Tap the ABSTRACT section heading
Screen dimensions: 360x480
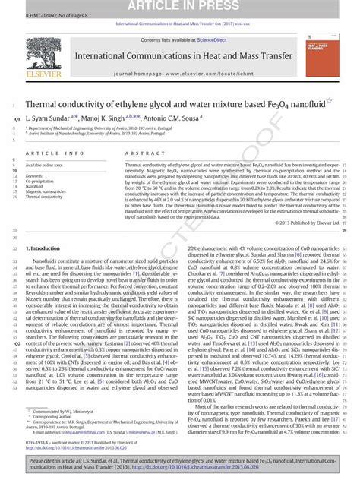point(139,153)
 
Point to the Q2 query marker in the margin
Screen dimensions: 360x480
point(8,343)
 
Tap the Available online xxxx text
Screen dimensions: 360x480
point(43,164)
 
